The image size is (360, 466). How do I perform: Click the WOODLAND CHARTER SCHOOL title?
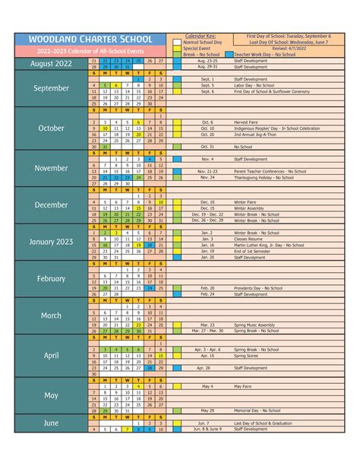pyautogui.click(x=90, y=39)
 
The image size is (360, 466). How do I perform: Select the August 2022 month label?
pyautogui.click(x=52, y=63)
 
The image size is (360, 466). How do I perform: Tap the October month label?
pyautogui.click(x=52, y=128)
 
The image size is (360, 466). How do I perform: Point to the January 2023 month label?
pyautogui.click(x=52, y=242)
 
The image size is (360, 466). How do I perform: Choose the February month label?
pyautogui.click(x=52, y=279)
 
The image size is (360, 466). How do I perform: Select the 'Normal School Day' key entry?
pyautogui.click(x=202, y=42)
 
